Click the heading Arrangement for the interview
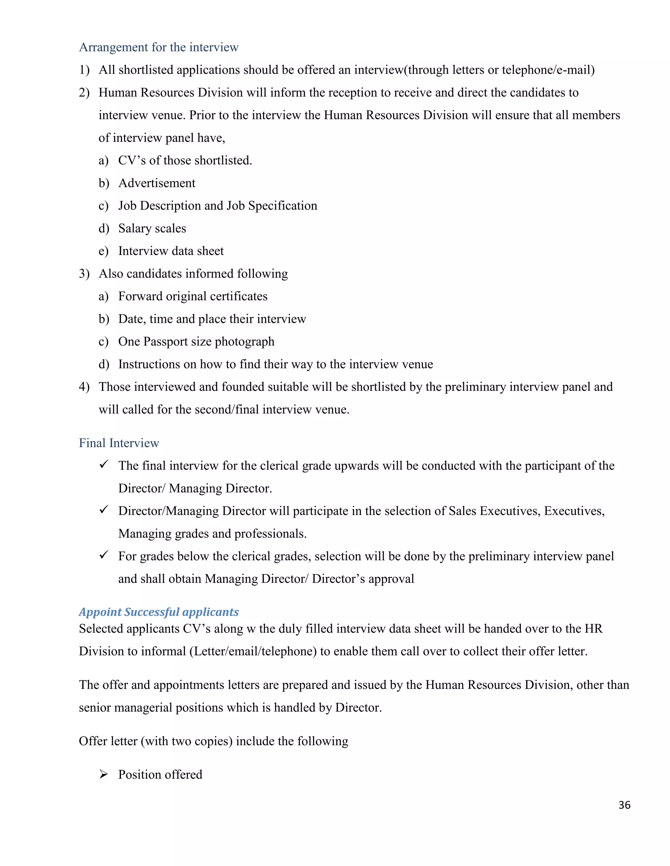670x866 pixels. [x=158, y=47]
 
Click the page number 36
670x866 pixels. [x=624, y=805]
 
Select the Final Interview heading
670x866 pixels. [x=119, y=443]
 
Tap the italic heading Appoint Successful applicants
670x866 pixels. [x=158, y=612]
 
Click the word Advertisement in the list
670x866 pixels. [x=157, y=183]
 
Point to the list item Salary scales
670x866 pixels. [x=152, y=228]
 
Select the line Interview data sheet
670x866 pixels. [x=171, y=251]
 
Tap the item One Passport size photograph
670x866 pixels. [x=196, y=341]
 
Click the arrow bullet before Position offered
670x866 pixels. [x=104, y=774]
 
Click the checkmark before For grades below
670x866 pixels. [x=104, y=555]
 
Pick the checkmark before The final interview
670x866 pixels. [x=104, y=464]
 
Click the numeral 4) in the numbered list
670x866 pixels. [x=84, y=387]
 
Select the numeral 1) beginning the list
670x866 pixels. [x=84, y=70]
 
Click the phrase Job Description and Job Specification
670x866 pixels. [x=218, y=206]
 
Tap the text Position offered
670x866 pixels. [x=160, y=774]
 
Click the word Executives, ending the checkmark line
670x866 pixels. [x=574, y=511]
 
